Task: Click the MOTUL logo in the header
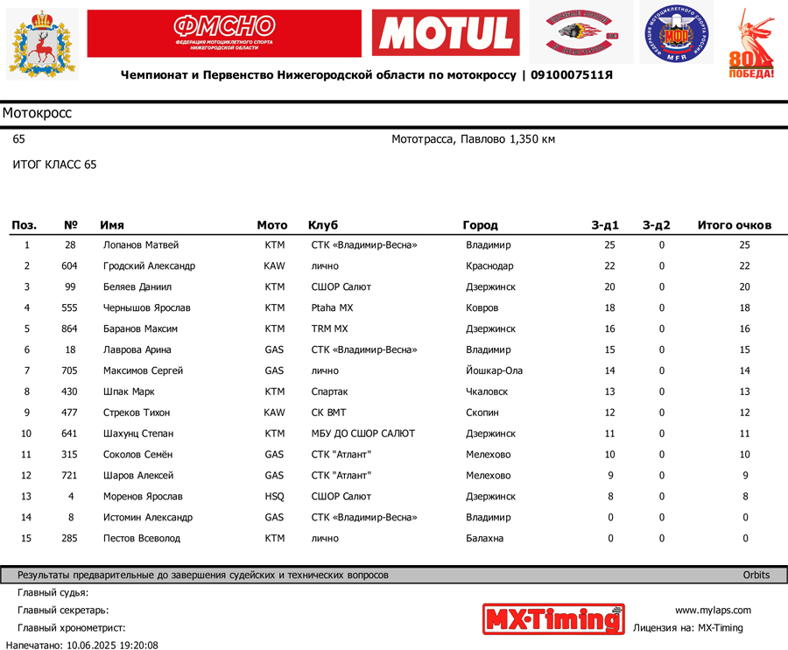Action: click(x=446, y=33)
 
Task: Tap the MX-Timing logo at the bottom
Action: click(x=553, y=618)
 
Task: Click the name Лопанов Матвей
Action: click(x=141, y=245)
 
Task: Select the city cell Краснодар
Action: click(x=489, y=266)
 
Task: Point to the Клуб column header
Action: click(x=323, y=225)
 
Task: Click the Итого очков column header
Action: click(x=734, y=225)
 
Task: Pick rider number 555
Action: click(x=69, y=308)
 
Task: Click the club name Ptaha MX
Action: click(x=333, y=308)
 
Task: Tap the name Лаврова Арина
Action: click(x=137, y=350)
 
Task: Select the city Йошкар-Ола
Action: click(x=494, y=371)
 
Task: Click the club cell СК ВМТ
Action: click(x=329, y=413)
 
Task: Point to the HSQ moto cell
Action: click(x=274, y=497)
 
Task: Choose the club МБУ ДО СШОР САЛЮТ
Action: click(x=363, y=434)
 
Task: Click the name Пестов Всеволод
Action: click(x=142, y=539)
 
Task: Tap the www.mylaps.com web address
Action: click(x=713, y=611)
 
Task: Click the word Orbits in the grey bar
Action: click(x=756, y=576)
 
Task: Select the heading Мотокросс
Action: click(x=37, y=113)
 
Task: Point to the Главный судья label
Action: click(x=53, y=593)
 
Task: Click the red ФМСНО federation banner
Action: click(x=224, y=33)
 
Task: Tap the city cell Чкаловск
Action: click(x=487, y=392)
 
